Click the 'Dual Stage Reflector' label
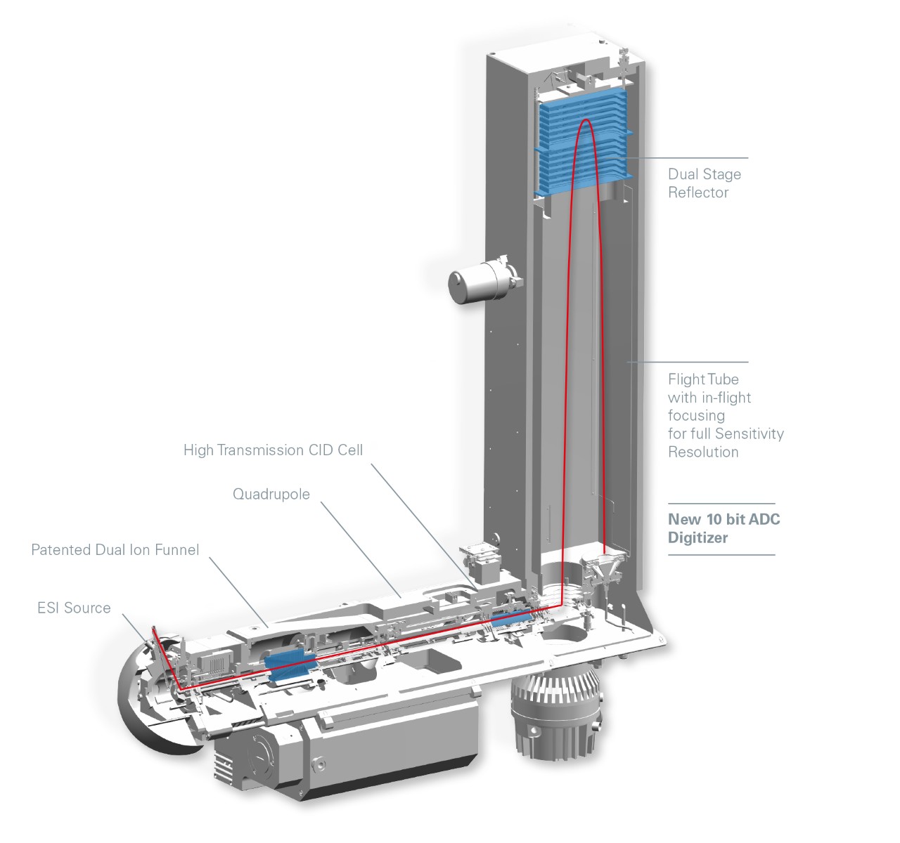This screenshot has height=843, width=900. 704,183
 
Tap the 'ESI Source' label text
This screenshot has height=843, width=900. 74,608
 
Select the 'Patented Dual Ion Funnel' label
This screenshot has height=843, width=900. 115,549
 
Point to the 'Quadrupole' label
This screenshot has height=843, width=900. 271,494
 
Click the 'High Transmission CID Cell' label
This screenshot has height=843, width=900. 273,450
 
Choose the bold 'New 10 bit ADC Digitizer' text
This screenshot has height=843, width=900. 724,528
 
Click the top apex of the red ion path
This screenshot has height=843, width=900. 584,121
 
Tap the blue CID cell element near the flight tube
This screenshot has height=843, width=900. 512,620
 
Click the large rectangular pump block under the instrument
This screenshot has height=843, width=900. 352,752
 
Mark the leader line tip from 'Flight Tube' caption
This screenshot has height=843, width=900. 628,362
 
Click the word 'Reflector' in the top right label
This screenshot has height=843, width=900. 698,192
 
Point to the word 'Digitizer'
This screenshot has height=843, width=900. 697,537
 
